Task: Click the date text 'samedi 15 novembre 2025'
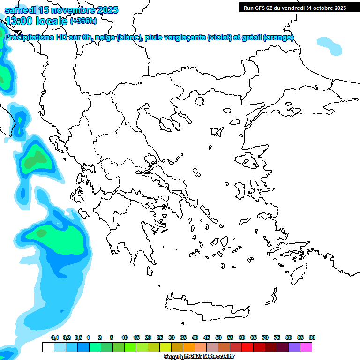point(61,10)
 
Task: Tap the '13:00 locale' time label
point(37,21)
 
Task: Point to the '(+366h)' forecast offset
point(83,21)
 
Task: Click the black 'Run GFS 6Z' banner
point(292,7)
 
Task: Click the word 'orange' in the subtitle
point(278,37)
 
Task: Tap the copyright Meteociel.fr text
point(199,357)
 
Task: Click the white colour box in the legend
point(48,347)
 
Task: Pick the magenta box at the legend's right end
point(307,347)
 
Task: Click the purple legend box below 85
point(294,347)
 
